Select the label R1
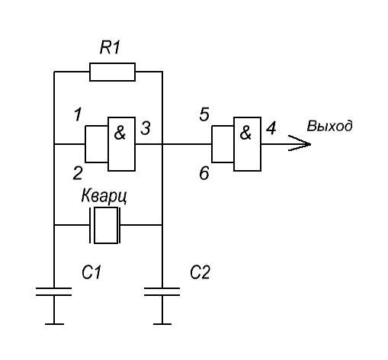click(x=110, y=47)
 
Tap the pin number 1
click(x=78, y=114)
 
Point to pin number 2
click(x=78, y=173)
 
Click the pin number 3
click(x=146, y=128)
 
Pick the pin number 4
click(x=271, y=128)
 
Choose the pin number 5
click(x=204, y=114)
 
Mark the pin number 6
click(x=204, y=173)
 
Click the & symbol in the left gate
click(x=120, y=133)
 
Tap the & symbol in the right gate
click(x=245, y=133)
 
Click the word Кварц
click(x=104, y=197)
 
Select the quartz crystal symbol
click(x=105, y=225)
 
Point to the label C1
click(x=91, y=272)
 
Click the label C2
click(x=200, y=272)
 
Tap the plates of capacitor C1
click(x=54, y=292)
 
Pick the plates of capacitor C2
click(x=162, y=292)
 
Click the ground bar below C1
click(x=54, y=324)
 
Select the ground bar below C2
click(x=162, y=324)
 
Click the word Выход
click(x=330, y=126)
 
